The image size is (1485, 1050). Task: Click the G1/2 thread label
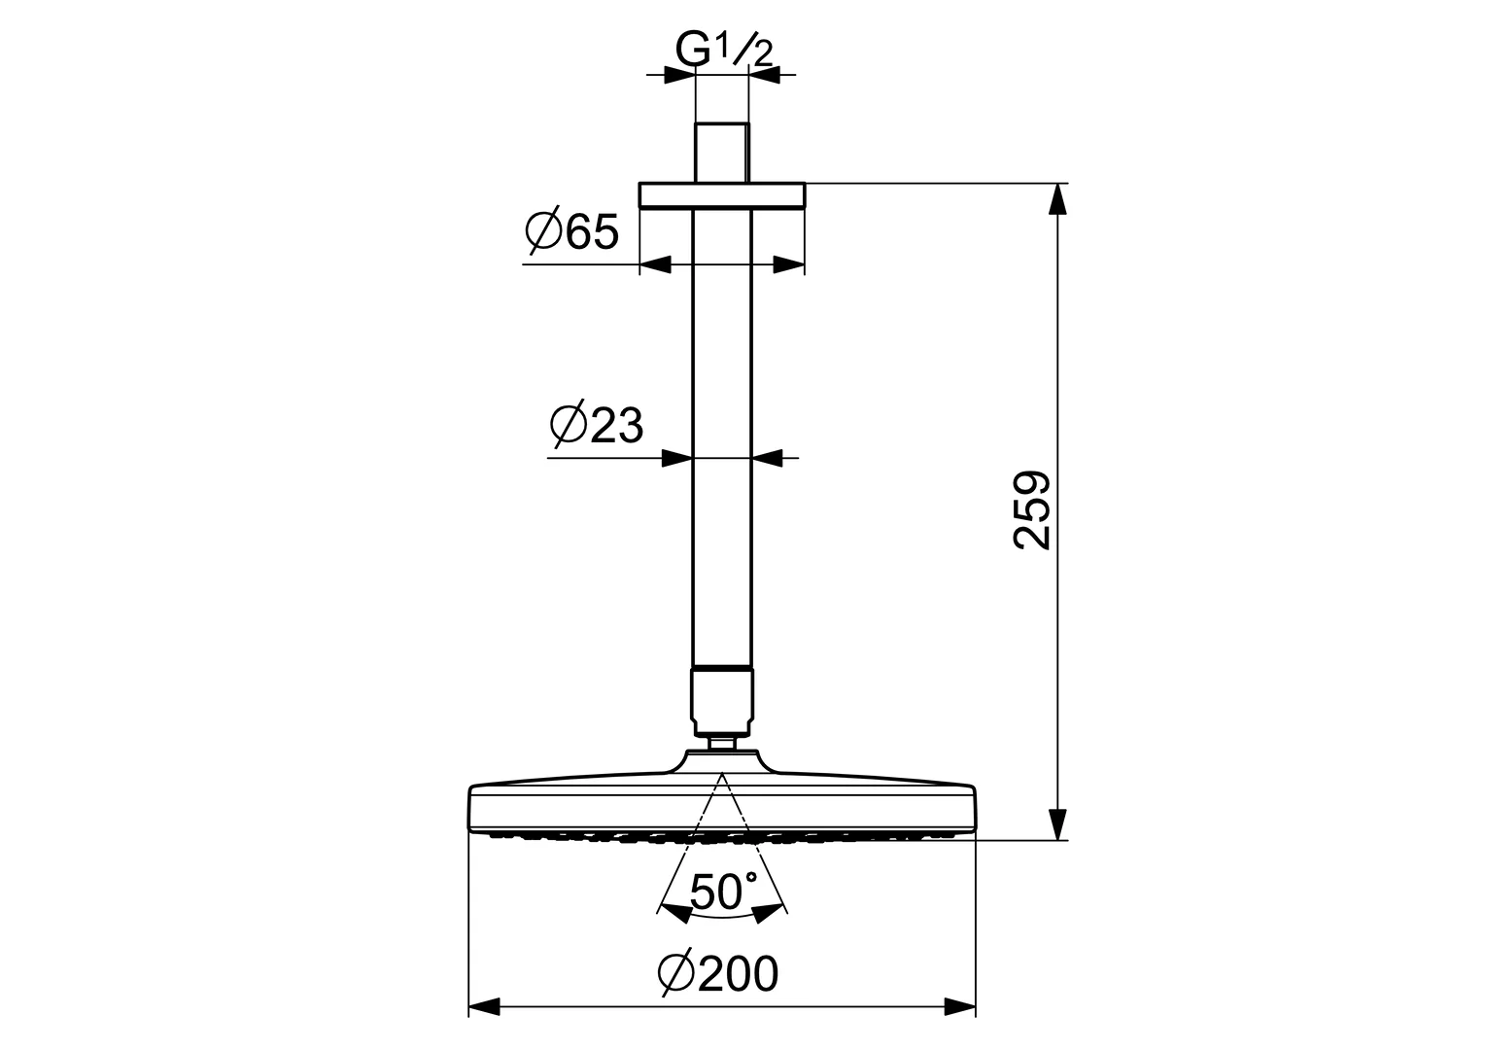click(724, 50)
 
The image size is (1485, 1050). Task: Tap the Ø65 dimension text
click(572, 231)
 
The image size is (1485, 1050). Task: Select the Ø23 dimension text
click(597, 424)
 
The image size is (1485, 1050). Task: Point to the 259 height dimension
click(1032, 510)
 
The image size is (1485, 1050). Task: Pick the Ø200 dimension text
click(718, 974)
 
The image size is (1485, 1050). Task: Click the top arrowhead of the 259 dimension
click(1058, 198)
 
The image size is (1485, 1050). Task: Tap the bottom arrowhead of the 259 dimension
click(1058, 824)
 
